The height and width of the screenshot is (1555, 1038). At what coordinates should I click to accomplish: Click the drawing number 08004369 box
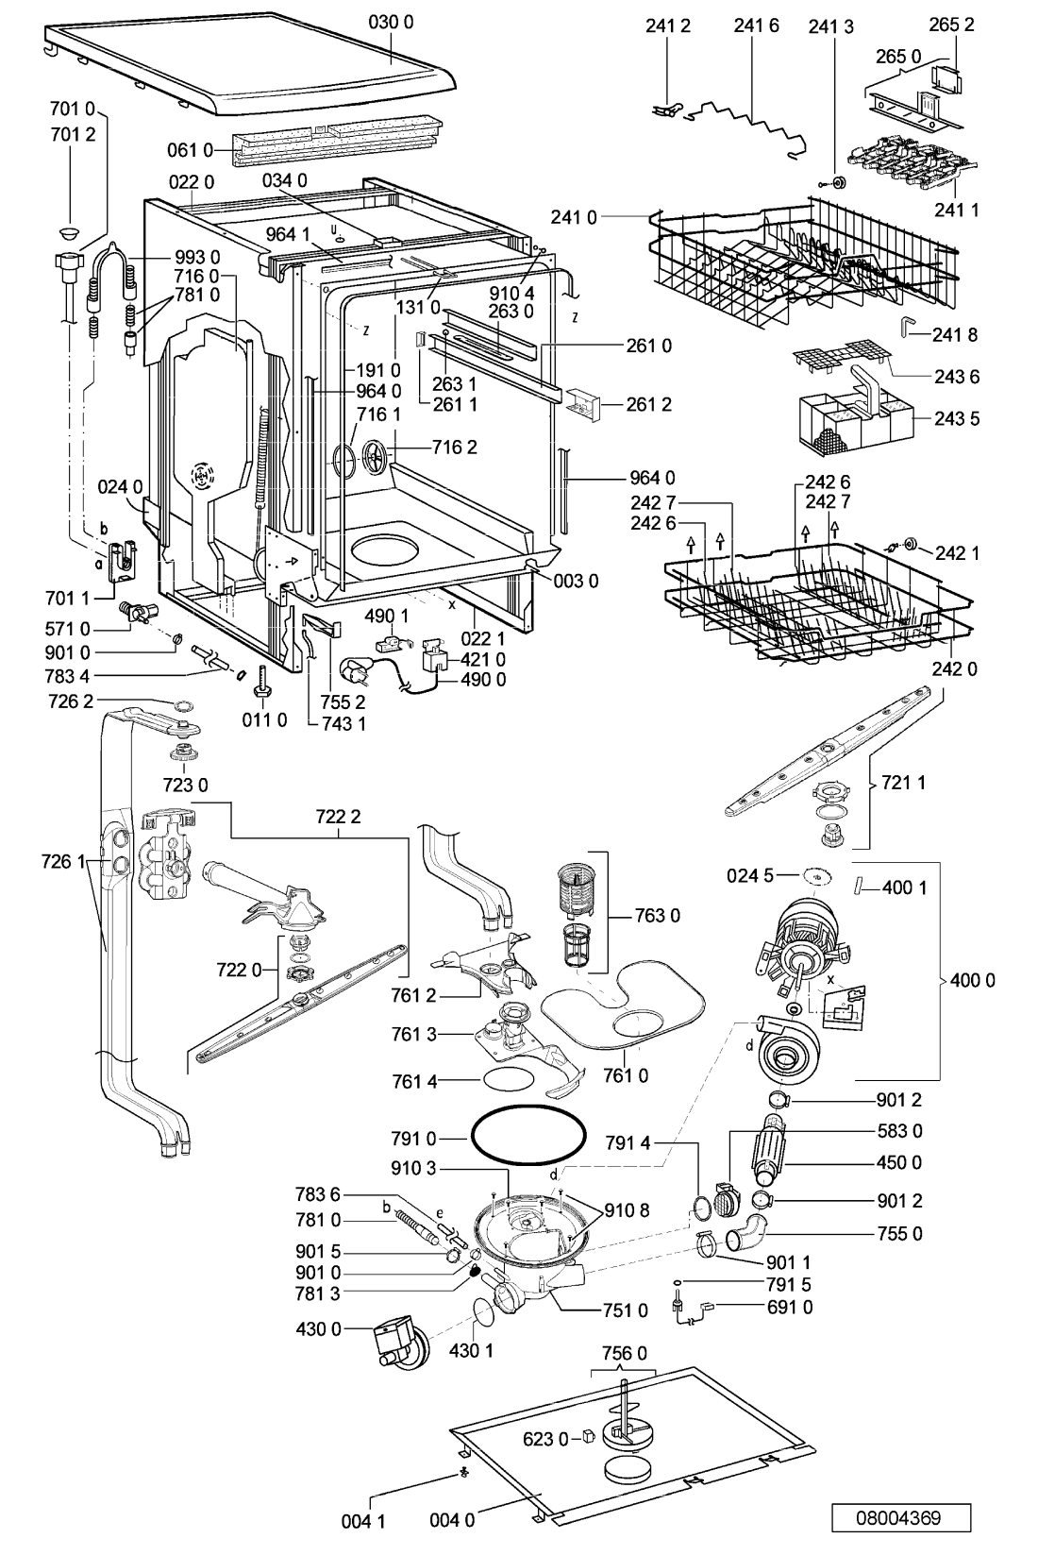pyautogui.click(x=900, y=1525)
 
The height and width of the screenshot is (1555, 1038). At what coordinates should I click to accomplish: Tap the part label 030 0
pyautogui.click(x=391, y=23)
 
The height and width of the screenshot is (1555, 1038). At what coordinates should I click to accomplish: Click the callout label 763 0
pyautogui.click(x=657, y=917)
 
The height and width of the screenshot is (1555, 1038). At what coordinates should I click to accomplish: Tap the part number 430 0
pyautogui.click(x=319, y=1329)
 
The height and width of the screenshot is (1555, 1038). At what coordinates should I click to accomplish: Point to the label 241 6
pyautogui.click(x=756, y=26)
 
